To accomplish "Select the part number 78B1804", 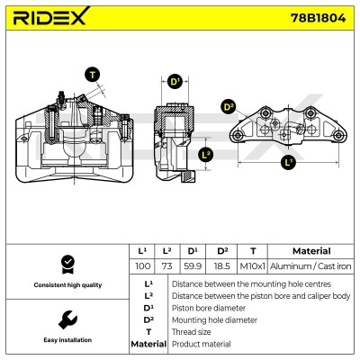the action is (x=318, y=18).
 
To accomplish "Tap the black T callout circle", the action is (x=93, y=75).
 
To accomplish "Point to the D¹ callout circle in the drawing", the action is (x=175, y=81).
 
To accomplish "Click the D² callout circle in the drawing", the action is (x=229, y=107).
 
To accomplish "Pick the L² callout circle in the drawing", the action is (x=206, y=155).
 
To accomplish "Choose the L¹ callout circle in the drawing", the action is (x=288, y=162).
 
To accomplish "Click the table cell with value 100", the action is (x=142, y=266).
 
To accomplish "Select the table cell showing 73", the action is (x=166, y=266).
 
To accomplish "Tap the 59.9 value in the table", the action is (x=193, y=266).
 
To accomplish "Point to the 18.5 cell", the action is (x=221, y=266).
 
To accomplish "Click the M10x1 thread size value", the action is (x=253, y=266).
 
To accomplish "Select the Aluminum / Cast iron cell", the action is (x=310, y=266).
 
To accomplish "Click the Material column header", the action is (x=311, y=251).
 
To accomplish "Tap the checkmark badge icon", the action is (x=67, y=265).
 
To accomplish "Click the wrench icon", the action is (x=67, y=319).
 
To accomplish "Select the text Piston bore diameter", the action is (x=209, y=308).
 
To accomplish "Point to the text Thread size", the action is (x=191, y=332).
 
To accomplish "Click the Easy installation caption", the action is (x=67, y=340).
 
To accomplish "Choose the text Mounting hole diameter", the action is (x=214, y=320).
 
